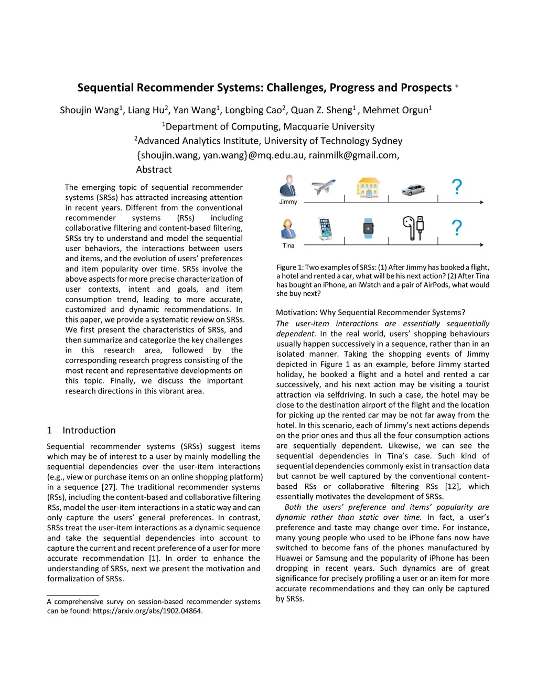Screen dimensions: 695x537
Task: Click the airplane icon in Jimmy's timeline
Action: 323,187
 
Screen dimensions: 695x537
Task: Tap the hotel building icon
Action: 368,187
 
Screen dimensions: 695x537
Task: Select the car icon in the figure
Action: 413,189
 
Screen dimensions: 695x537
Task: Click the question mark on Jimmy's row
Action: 457,187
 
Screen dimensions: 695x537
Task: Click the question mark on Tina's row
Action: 457,228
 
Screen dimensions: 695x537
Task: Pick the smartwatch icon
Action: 369,228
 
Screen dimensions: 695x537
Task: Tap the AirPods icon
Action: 413,228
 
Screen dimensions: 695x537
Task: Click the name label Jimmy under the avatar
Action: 288,202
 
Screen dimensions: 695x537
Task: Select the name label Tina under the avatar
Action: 288,245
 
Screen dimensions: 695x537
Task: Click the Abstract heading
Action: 154,169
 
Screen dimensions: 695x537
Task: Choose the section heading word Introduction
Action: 89,430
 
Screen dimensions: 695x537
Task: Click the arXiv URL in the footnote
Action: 147,611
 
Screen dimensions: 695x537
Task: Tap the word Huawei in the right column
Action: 290,558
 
